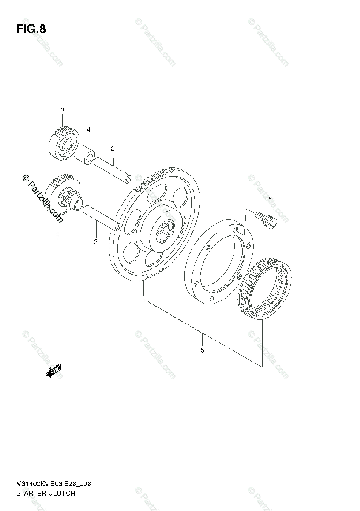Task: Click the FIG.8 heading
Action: (31, 29)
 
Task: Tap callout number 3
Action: (62, 110)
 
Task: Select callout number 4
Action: (89, 129)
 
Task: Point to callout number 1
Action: (58, 235)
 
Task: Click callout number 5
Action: (202, 350)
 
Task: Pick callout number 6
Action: (269, 199)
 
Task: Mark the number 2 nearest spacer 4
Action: (113, 149)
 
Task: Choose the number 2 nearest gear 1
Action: (96, 241)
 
